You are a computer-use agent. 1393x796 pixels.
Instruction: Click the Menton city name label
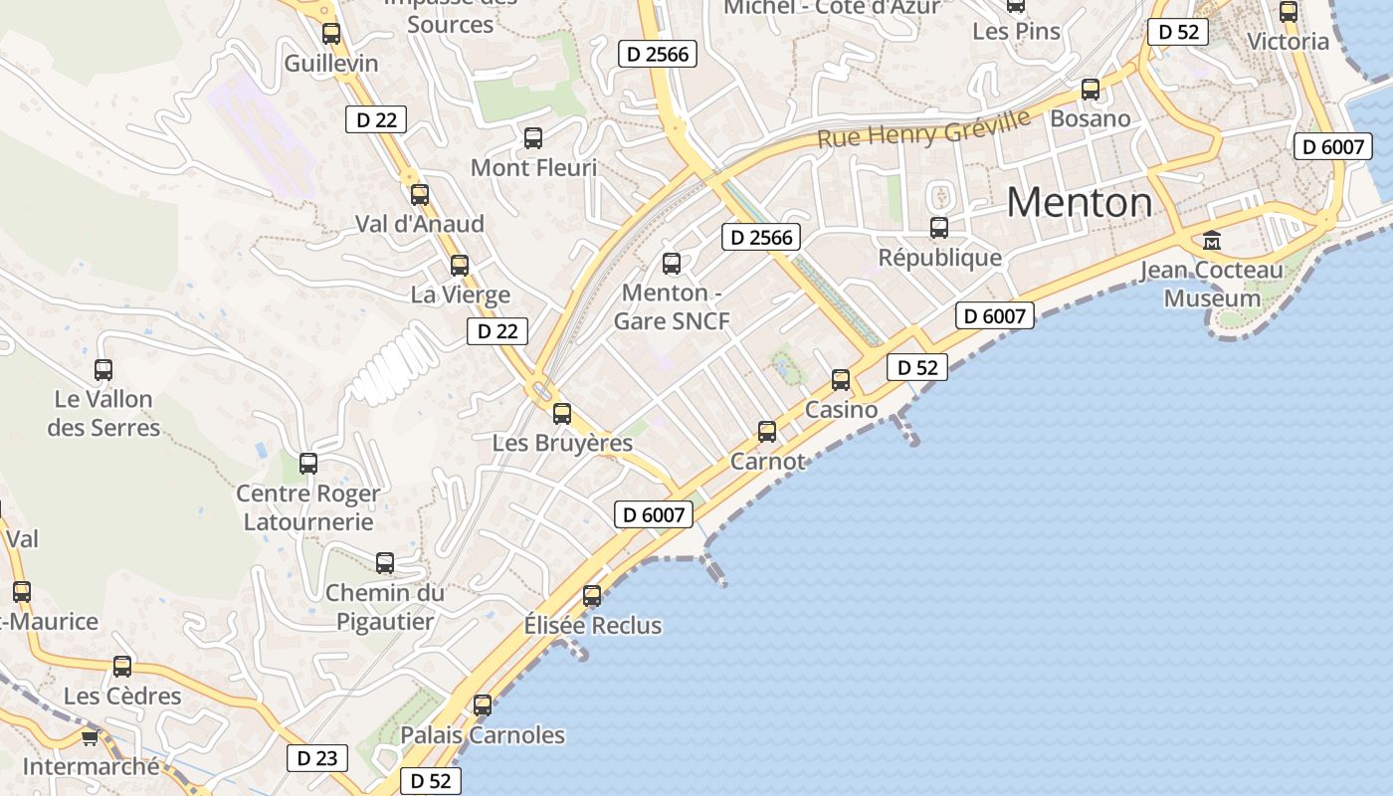(1080, 203)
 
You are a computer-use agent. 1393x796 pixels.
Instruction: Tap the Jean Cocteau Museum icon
(1212, 240)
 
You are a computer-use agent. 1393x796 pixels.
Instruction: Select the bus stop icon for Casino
(841, 379)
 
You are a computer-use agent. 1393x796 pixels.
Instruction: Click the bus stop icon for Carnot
(767, 431)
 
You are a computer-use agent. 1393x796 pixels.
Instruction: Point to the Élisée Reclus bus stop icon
(592, 596)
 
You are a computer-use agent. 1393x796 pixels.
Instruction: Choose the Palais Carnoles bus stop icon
(483, 705)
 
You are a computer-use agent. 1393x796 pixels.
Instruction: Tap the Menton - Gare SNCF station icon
(672, 264)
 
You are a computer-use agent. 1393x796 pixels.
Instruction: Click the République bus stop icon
(939, 228)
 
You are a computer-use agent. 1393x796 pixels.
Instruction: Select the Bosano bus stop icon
(1091, 90)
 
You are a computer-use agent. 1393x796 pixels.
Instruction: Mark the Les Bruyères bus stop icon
(562, 413)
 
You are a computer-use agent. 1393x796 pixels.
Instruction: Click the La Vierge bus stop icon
(460, 266)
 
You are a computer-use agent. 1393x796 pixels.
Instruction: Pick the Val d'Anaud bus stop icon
(420, 194)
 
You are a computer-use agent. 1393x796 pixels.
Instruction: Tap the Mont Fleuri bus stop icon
(533, 137)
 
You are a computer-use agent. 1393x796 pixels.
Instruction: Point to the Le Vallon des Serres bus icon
(103, 370)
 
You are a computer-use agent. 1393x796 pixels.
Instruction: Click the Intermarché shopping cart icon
(90, 737)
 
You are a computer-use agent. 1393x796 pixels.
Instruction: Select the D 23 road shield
(317, 758)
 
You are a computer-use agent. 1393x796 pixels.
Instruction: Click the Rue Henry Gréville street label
(923, 128)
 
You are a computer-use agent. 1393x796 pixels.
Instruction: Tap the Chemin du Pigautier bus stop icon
(385, 562)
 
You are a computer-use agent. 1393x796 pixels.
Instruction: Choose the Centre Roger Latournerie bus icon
(308, 463)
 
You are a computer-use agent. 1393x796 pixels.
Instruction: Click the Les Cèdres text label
(122, 696)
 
